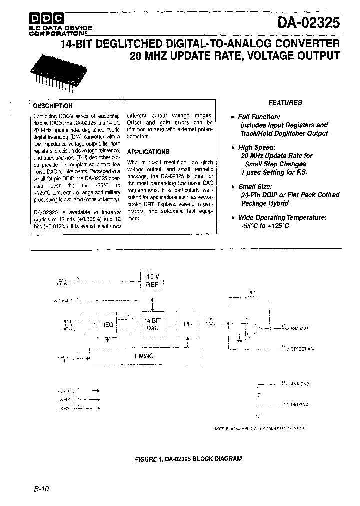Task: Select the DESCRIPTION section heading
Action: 52,106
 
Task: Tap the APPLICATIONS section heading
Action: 148,152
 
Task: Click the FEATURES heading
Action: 285,103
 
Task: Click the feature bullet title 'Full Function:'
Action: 259,117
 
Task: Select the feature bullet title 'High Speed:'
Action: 257,148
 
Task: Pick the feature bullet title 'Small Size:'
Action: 255,186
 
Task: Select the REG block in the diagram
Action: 107,324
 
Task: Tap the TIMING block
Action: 144,356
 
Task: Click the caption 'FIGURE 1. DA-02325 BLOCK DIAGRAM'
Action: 188,458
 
